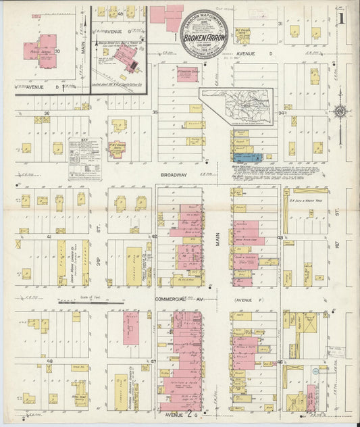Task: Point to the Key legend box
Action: (x=84, y=158)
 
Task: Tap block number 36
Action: (x=47, y=113)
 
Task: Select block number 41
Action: (x=49, y=237)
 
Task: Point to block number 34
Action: (x=280, y=114)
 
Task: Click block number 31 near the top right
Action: (x=280, y=24)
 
